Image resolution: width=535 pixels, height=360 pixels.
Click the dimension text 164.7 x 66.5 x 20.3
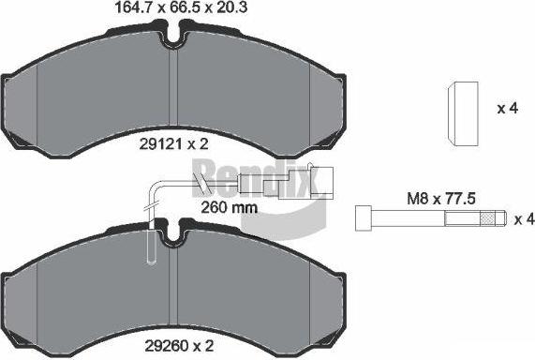tap(181, 7)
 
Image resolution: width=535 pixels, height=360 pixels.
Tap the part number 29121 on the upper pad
tap(159, 144)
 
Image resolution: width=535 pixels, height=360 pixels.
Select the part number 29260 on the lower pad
tap(166, 346)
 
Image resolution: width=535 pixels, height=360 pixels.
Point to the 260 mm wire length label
tap(229, 207)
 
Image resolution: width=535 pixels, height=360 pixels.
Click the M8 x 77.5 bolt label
tap(441, 199)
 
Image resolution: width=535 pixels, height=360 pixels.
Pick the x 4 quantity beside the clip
tap(508, 109)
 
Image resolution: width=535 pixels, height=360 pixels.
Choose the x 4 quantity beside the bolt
tap(524, 219)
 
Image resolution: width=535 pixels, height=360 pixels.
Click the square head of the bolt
tap(364, 217)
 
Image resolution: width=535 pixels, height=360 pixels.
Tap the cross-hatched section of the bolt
tap(487, 218)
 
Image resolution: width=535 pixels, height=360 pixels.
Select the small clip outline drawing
tap(463, 114)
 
